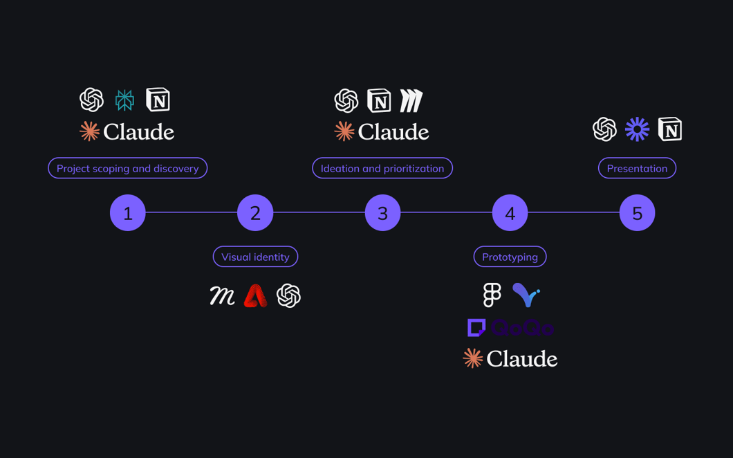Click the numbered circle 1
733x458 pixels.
pyautogui.click(x=128, y=213)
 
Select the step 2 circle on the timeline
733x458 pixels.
pyautogui.click(x=255, y=213)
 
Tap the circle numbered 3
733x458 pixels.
pyautogui.click(x=382, y=213)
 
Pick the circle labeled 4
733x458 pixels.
pyautogui.click(x=510, y=213)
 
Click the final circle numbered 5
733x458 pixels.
pyautogui.click(x=637, y=213)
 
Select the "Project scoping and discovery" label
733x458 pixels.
pyautogui.click(x=127, y=168)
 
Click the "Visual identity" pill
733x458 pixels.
pyautogui.click(x=255, y=257)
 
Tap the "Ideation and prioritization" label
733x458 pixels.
pyautogui.click(x=382, y=168)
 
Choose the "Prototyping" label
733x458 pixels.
pyautogui.click(x=510, y=257)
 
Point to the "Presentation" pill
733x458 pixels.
pyautogui.click(x=637, y=168)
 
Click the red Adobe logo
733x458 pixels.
pyautogui.click(x=255, y=296)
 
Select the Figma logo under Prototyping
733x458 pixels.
pyautogui.click(x=492, y=295)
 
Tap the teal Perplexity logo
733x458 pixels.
pyautogui.click(x=124, y=100)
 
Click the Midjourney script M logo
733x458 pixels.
pyautogui.click(x=222, y=296)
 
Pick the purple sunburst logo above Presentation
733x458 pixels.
pyautogui.click(x=637, y=129)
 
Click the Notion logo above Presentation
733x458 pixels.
pyautogui.click(x=670, y=129)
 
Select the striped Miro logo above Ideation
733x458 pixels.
pyautogui.click(x=411, y=101)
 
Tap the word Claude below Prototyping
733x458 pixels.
pyautogui.click(x=521, y=359)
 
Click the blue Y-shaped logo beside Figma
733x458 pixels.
pyautogui.click(x=526, y=295)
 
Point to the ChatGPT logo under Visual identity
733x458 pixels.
pyautogui.click(x=288, y=296)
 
